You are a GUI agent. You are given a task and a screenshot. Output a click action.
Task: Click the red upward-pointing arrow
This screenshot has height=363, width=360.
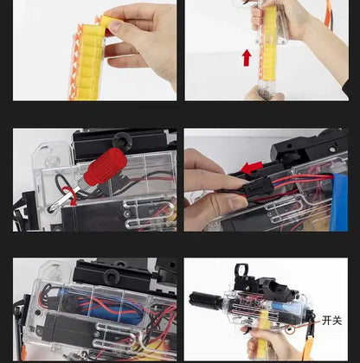pos(247,58)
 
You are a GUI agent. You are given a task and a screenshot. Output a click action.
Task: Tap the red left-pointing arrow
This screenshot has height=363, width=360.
pos(252,168)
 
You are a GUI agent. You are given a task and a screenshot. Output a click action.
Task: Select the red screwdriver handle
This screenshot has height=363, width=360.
pos(106,167)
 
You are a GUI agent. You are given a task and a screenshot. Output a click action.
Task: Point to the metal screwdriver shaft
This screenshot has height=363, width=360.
pos(63,198)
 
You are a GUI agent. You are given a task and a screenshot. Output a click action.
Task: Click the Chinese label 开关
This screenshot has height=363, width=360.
pos(331,321)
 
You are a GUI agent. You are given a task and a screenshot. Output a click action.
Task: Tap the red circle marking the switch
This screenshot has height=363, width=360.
pos(290,329)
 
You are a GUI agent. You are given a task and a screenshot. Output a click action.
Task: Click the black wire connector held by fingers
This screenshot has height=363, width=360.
pos(258,188)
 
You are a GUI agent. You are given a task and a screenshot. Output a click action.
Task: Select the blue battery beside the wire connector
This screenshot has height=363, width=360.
pos(339,201)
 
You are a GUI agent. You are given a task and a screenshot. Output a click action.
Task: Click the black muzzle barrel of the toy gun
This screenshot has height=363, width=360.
pos(206,301)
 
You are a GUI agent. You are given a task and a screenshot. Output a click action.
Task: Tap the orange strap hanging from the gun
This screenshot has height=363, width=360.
pos(308,346)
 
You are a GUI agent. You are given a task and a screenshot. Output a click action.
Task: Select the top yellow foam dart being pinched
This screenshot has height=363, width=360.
pos(107,22)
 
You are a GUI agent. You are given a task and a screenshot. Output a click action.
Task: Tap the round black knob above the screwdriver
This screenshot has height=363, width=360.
pos(122,140)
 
